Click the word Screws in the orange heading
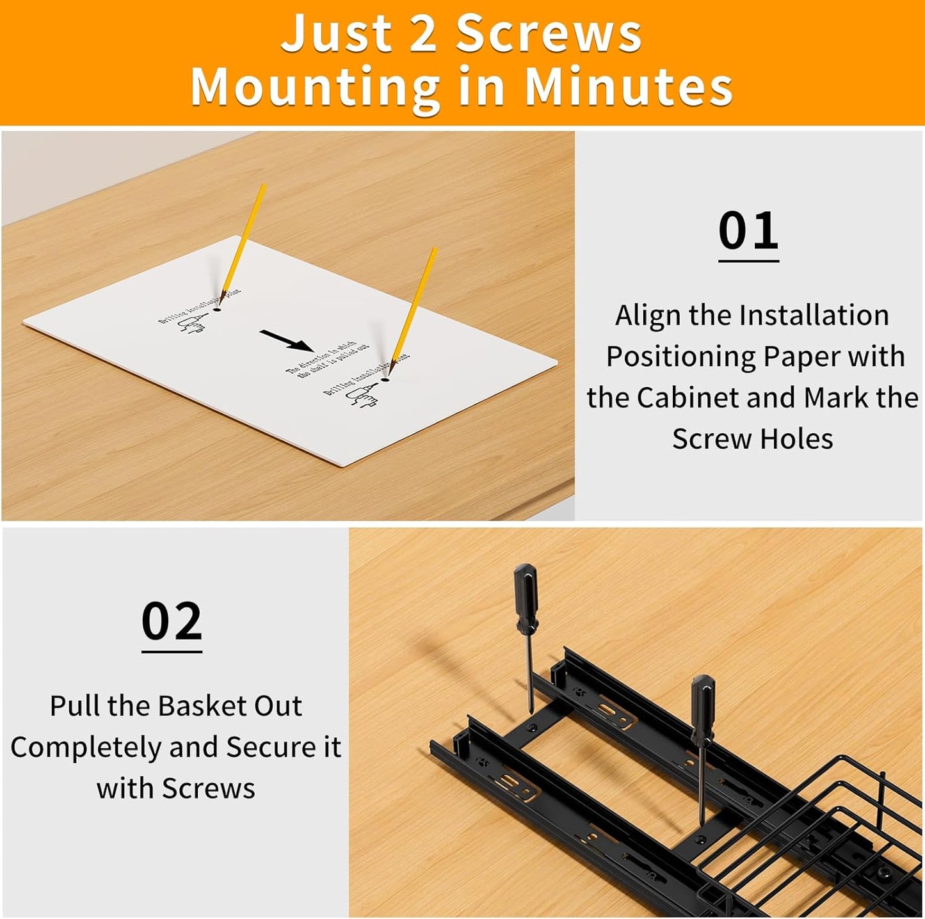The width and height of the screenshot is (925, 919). click(x=548, y=34)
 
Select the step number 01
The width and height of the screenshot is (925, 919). click(x=748, y=232)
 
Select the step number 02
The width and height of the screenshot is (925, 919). click(x=172, y=621)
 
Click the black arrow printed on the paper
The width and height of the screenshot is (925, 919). click(x=286, y=340)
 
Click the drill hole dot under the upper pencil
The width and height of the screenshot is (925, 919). click(x=217, y=309)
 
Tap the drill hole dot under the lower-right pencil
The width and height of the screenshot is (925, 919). click(x=385, y=380)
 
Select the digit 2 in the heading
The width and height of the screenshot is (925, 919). click(x=422, y=34)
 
